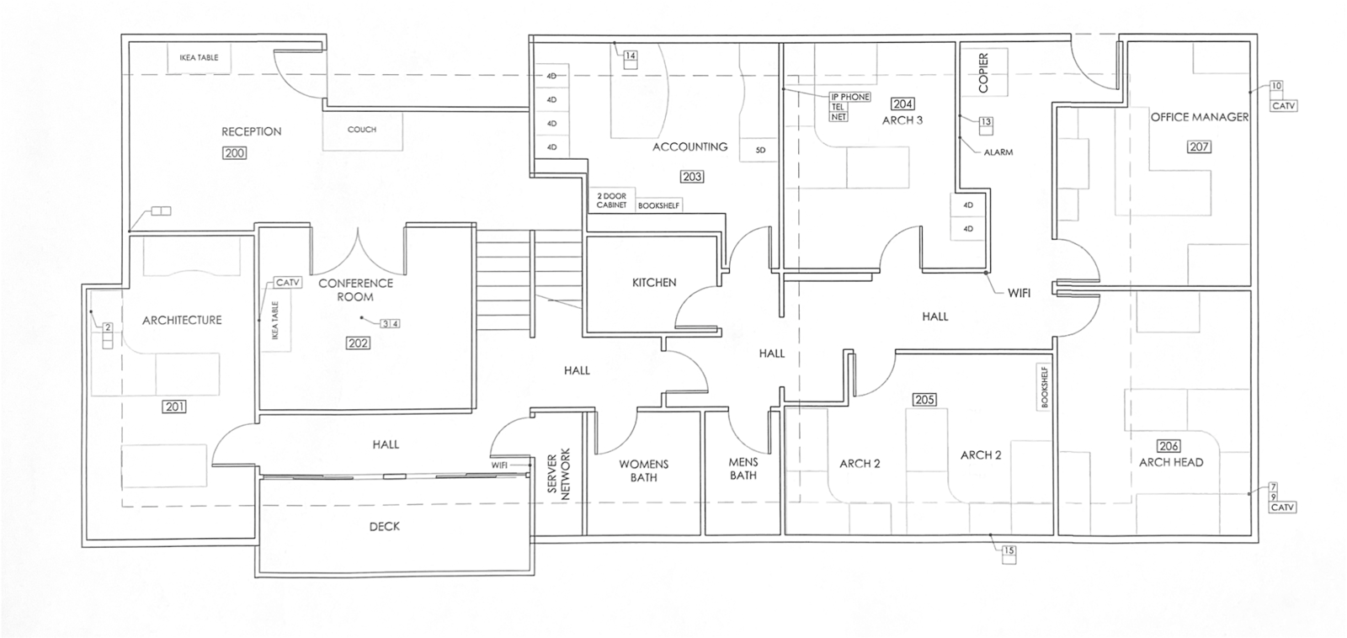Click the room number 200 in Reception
[x=235, y=153]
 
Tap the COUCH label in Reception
[x=362, y=130]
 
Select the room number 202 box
[x=358, y=343]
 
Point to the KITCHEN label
[x=654, y=283]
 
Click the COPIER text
[x=982, y=73]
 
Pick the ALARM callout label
[x=998, y=152]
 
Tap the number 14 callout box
[x=630, y=56]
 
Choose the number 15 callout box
[x=1009, y=551]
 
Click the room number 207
[x=1199, y=146]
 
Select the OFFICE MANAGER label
[x=1200, y=117]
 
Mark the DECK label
[x=385, y=526]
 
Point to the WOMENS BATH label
[x=644, y=471]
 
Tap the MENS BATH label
[x=743, y=469]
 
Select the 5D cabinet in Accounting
[x=761, y=150]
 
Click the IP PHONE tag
[x=850, y=97]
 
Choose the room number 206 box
[x=1169, y=446]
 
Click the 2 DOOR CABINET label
[x=612, y=200]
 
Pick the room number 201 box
[x=174, y=407]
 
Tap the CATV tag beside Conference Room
[x=288, y=283]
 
